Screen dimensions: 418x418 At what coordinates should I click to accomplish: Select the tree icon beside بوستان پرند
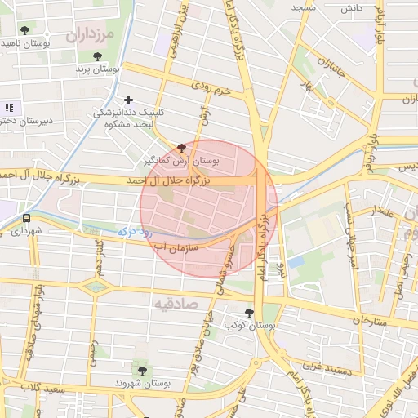(98, 56)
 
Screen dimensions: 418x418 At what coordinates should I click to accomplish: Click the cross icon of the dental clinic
(128, 100)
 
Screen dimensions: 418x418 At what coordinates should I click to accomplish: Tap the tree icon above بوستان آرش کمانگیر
(180, 147)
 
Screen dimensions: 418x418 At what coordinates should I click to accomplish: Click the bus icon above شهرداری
(27, 219)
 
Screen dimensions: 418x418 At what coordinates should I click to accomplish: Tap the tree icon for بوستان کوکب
(249, 312)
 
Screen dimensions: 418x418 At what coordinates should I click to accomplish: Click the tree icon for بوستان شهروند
(143, 371)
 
